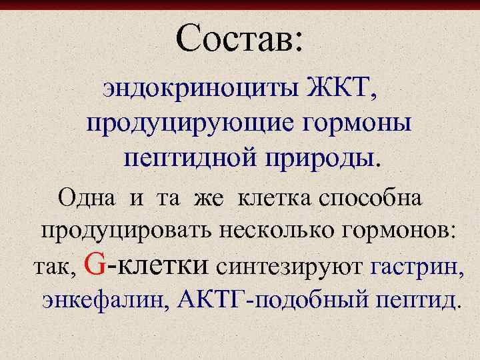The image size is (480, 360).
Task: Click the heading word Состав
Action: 233,37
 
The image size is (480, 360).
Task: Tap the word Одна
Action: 86,198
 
